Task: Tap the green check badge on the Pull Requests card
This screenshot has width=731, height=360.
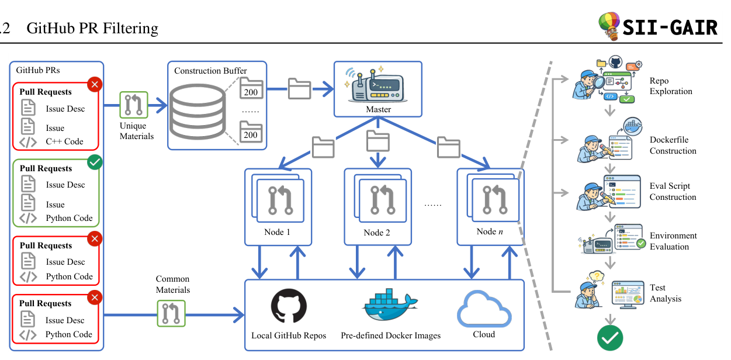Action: tap(95, 162)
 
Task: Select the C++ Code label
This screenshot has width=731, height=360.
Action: tap(64, 141)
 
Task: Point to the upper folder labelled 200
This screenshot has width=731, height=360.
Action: tap(252, 88)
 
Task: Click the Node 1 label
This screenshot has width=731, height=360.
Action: tap(277, 232)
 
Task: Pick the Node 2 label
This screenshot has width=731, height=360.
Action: tap(377, 233)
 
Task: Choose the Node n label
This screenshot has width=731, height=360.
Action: tap(490, 231)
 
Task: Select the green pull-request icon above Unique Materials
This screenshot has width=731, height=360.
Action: tap(134, 105)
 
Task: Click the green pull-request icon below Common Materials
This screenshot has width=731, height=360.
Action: tap(171, 313)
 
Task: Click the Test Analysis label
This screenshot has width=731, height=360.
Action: tap(666, 293)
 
